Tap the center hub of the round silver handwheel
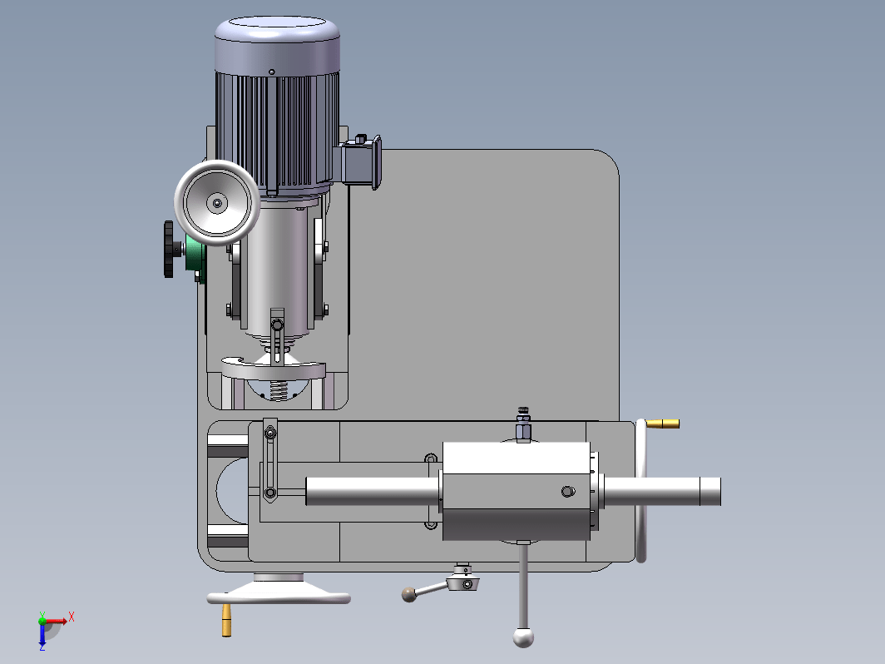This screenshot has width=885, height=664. [x=217, y=203]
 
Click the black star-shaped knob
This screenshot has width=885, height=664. [x=170, y=250]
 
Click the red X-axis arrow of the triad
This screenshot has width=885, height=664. [x=57, y=621]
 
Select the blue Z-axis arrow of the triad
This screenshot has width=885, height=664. [x=42, y=633]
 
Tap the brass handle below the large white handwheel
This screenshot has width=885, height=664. [x=226, y=620]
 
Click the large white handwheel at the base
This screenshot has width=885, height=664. [x=279, y=590]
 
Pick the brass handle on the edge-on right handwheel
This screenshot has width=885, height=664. [x=663, y=424]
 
